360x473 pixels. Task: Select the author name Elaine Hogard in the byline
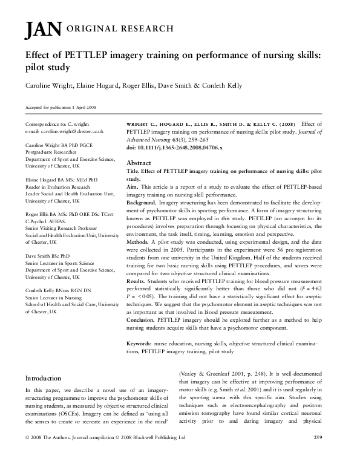(x=96, y=85)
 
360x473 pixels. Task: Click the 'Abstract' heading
(x=138, y=163)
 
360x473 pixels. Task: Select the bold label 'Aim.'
(x=131, y=188)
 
